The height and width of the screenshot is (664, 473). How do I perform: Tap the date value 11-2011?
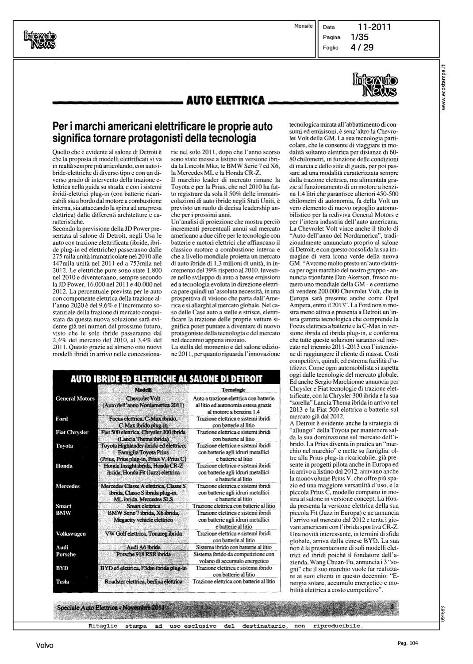point(375,28)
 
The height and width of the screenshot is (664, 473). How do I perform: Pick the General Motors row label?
point(75,398)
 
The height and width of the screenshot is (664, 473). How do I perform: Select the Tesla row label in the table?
point(62,582)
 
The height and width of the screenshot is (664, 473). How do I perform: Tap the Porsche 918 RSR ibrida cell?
point(143,554)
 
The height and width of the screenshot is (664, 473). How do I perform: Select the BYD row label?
point(62,568)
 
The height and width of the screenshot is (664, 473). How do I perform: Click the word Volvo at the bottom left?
point(45,646)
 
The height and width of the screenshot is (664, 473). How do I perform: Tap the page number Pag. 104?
point(408,643)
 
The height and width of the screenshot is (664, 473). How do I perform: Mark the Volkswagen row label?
point(71,534)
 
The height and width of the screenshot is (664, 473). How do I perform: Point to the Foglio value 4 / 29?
point(362,47)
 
